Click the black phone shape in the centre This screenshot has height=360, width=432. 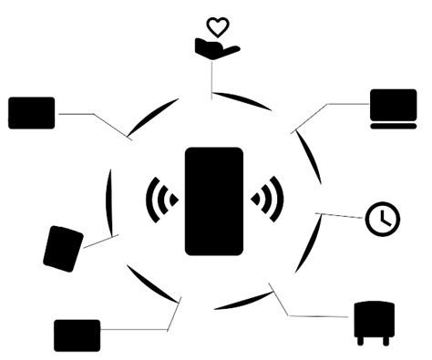(x=214, y=201)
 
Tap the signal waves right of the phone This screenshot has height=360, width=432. (x=267, y=198)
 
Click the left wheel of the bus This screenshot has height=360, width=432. (x=361, y=341)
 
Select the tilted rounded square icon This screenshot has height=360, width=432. (x=63, y=247)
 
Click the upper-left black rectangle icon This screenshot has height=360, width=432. (x=31, y=113)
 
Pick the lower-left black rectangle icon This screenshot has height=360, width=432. (x=77, y=334)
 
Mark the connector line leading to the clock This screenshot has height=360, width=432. (x=342, y=216)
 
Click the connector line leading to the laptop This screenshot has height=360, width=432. (x=328, y=107)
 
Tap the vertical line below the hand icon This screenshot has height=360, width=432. (x=212, y=79)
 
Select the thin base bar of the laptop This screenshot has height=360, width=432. (x=393, y=127)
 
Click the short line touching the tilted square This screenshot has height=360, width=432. (x=98, y=242)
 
